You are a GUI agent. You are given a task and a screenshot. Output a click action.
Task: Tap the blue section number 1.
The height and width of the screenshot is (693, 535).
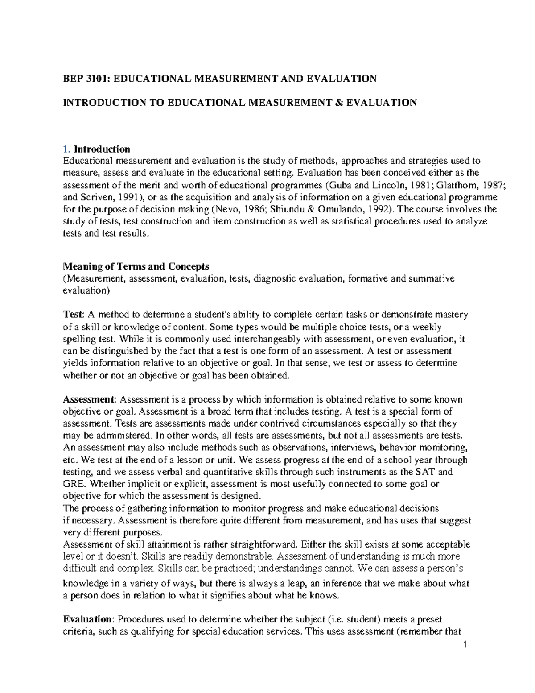pos(66,149)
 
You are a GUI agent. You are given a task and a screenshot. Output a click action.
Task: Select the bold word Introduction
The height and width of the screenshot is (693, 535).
pos(102,149)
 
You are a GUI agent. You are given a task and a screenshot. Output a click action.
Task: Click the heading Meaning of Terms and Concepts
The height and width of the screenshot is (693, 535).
pos(136,266)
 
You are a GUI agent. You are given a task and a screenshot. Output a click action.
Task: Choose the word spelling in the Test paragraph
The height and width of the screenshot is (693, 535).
pos(78,339)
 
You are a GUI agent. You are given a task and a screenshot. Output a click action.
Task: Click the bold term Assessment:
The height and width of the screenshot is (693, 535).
pos(90,399)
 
